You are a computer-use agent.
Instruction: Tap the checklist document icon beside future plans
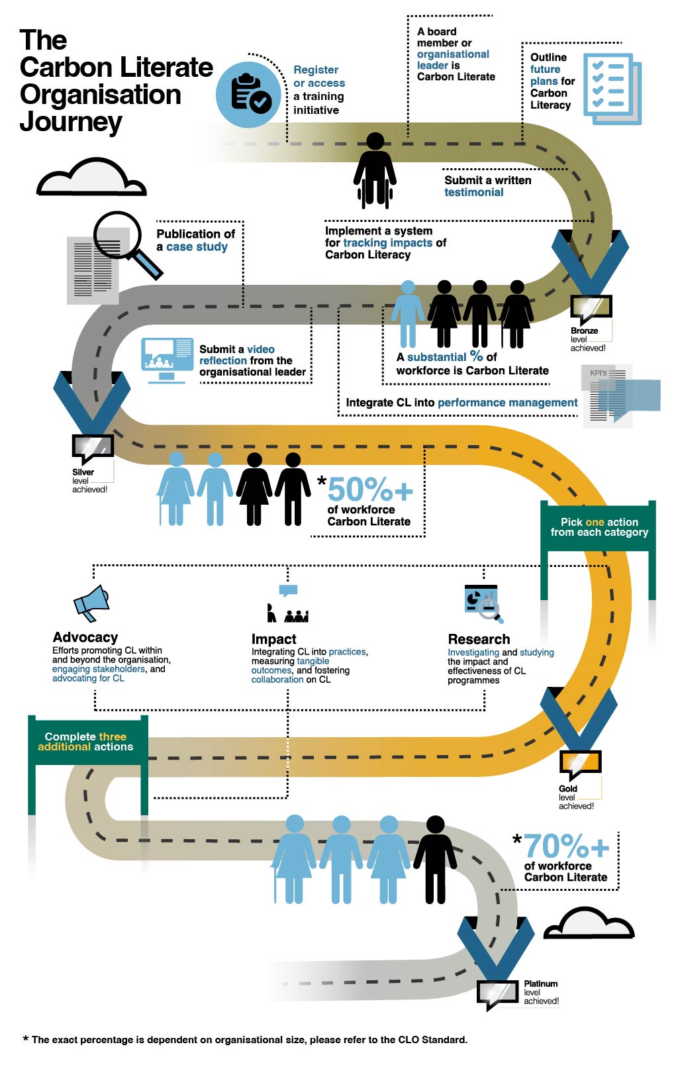click(x=612, y=89)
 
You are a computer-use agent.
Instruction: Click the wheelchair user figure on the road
click(x=375, y=171)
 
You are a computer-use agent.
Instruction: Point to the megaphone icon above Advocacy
click(x=92, y=603)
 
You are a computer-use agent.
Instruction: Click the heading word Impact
click(x=273, y=639)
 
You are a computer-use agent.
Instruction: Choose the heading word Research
click(x=479, y=639)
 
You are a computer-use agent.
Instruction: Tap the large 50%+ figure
click(x=370, y=489)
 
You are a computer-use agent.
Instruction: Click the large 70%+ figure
click(x=567, y=846)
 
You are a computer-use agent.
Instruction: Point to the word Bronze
click(x=585, y=331)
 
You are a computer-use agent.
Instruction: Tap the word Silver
click(x=83, y=472)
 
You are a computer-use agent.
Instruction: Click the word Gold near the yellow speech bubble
click(x=568, y=789)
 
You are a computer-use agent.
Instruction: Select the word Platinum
click(x=541, y=984)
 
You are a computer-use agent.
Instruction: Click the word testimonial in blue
click(x=474, y=192)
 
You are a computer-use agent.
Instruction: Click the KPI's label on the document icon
click(x=598, y=373)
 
